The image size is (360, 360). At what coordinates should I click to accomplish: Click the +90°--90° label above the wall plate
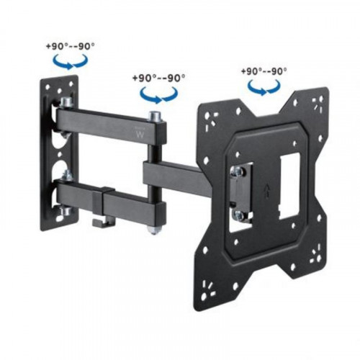point(69,45)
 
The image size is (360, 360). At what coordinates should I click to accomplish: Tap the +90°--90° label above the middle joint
point(159,76)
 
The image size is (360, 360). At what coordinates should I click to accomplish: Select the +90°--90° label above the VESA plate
point(264,71)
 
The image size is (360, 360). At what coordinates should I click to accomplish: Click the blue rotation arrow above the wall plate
point(70,63)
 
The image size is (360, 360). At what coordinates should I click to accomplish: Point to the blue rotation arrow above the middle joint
point(158,94)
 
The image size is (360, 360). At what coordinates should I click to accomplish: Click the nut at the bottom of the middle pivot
point(154,229)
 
